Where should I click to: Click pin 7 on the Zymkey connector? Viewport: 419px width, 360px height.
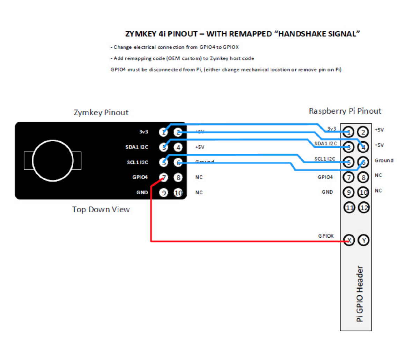(163, 178)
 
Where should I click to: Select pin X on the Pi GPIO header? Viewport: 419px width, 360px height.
(349, 240)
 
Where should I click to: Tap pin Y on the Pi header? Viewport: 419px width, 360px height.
(364, 240)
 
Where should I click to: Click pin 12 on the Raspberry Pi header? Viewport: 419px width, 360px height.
(364, 208)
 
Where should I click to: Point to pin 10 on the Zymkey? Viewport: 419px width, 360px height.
(178, 193)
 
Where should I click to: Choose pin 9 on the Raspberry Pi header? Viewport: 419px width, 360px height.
(349, 192)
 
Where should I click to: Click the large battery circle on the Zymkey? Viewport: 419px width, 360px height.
(53, 161)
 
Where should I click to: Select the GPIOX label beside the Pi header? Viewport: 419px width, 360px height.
(325, 236)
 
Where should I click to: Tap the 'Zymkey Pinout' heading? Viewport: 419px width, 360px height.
(101, 113)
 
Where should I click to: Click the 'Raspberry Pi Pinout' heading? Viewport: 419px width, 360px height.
(345, 111)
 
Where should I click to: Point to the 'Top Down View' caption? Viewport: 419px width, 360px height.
(101, 209)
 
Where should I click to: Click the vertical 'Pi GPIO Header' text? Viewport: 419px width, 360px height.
(360, 294)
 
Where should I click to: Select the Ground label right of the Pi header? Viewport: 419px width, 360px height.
(384, 160)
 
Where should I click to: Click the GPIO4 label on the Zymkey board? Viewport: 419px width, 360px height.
(140, 177)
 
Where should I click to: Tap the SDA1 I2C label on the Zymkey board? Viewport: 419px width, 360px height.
(137, 147)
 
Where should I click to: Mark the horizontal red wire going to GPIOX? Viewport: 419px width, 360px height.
(244, 241)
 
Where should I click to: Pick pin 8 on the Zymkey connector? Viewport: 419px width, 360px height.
(178, 178)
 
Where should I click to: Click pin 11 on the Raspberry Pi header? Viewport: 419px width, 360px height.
(349, 208)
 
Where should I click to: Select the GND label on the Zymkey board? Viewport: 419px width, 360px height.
(142, 193)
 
